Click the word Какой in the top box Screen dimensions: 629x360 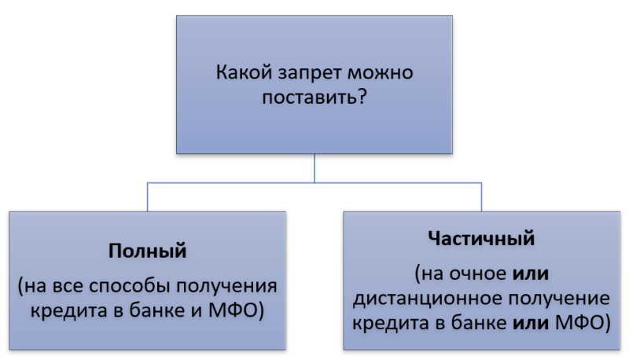click(x=244, y=72)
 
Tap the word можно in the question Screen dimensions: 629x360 click(x=381, y=73)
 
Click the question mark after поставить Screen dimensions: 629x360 click(x=361, y=97)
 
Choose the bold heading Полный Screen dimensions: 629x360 click(x=147, y=251)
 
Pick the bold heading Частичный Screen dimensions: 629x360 click(x=481, y=238)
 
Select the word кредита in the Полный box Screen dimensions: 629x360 click(x=69, y=311)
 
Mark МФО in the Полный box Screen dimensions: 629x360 click(x=234, y=310)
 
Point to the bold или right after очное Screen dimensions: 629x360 click(x=530, y=274)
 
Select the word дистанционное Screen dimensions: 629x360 click(x=433, y=299)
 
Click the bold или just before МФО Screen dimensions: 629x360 click(x=530, y=323)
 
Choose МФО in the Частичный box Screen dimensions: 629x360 click(x=579, y=322)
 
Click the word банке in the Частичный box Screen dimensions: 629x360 click(x=479, y=322)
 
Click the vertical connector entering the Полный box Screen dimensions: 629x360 click(x=147, y=197)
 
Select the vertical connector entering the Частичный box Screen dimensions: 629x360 click(x=481, y=197)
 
